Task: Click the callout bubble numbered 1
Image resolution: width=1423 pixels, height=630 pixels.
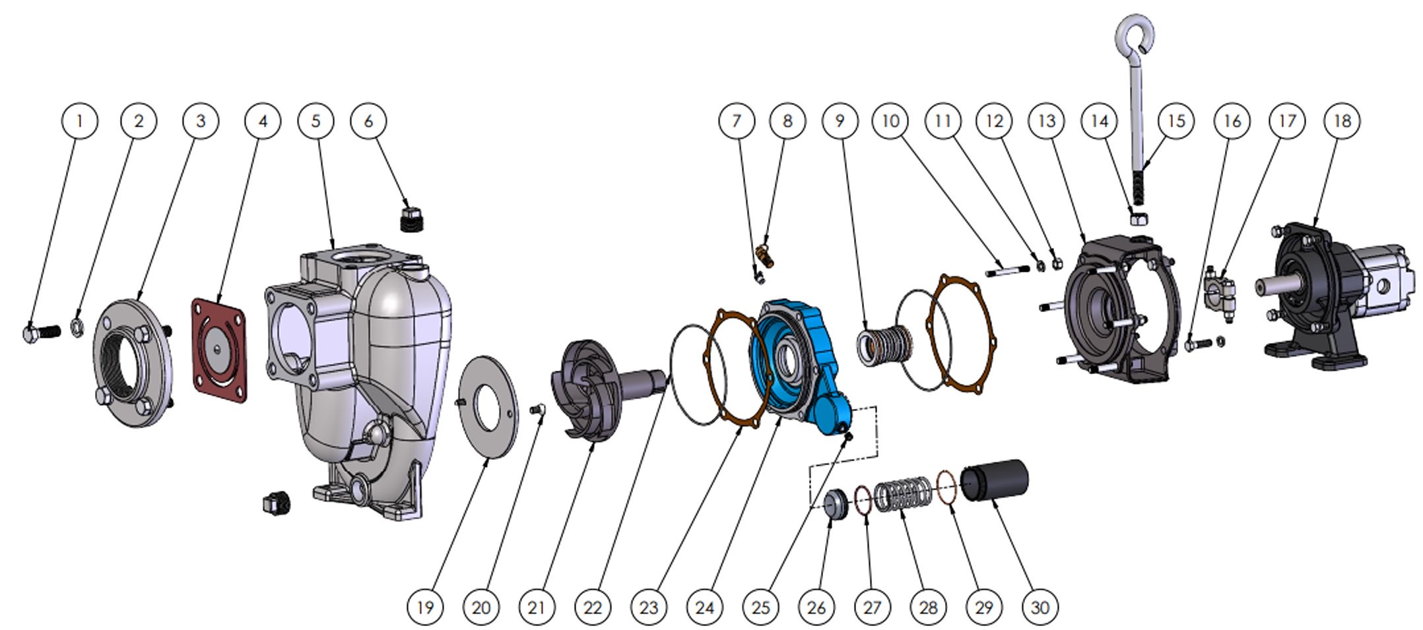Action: coord(79,121)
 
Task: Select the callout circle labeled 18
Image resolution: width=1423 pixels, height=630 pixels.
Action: coord(1342,121)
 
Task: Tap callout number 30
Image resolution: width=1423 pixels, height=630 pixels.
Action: coord(1040,606)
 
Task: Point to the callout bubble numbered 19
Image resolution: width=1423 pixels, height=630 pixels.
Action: coord(425,606)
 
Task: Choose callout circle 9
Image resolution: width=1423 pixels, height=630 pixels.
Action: coord(840,121)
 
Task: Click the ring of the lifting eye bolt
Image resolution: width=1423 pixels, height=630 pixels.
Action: coord(1135,32)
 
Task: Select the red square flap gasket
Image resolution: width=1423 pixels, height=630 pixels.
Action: coord(219,350)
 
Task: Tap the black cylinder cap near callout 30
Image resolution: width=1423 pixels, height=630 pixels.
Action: coord(995,480)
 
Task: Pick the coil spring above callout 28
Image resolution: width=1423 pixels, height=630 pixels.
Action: coord(904,495)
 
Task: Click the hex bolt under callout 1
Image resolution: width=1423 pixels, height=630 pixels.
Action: coord(40,332)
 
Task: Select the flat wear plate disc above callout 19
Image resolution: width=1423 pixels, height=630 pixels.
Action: coord(487,405)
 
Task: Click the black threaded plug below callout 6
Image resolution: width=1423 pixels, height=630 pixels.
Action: coord(412,218)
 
